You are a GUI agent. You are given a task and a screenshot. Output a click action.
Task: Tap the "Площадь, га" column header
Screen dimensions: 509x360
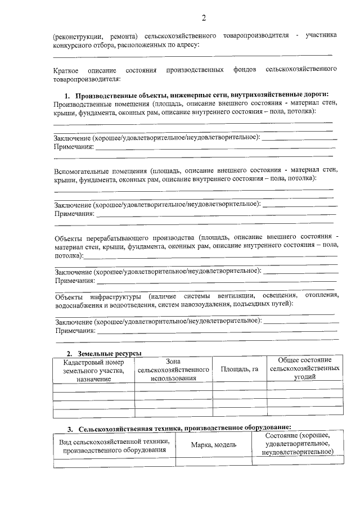coord(240,370)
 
